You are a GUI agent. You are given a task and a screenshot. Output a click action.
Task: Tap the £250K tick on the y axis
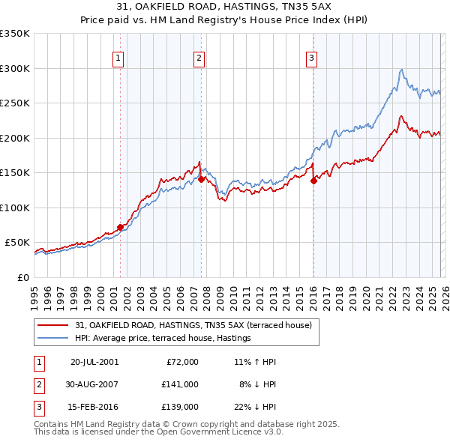[x=14, y=103]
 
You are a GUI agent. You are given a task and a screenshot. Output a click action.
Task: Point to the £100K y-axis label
[x=14, y=208]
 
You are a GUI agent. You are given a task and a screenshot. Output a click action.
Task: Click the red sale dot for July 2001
[x=121, y=227]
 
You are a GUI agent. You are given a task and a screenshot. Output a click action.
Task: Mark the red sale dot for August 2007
[x=202, y=179]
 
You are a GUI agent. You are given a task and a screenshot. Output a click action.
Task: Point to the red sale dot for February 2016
[x=313, y=181]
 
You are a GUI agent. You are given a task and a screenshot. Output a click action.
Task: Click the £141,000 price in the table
[x=181, y=384]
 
